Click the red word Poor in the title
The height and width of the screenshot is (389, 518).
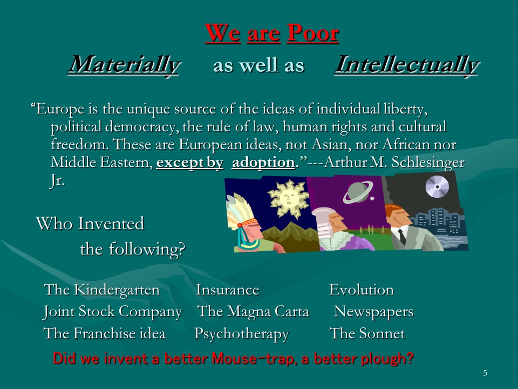[x=313, y=33]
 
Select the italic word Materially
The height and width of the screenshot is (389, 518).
[x=124, y=65]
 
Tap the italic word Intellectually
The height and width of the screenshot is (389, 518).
[x=407, y=65]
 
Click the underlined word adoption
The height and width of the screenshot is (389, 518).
[x=263, y=163]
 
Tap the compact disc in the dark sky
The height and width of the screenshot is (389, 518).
[x=437, y=186]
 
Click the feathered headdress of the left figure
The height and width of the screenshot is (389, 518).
[x=238, y=212]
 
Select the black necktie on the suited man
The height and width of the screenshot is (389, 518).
[x=402, y=237]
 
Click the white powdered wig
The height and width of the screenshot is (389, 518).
[x=324, y=223]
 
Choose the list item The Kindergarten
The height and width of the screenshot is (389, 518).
[x=102, y=290]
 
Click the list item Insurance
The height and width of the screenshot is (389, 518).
[x=227, y=290]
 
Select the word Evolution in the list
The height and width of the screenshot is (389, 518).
[x=362, y=290]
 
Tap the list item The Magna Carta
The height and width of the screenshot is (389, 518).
[x=253, y=312]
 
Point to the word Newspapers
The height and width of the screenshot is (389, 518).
[x=373, y=312]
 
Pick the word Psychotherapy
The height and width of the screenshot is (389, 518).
[x=242, y=334]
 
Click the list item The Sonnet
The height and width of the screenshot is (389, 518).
[x=367, y=333]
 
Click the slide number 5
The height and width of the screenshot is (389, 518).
[x=485, y=373]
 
